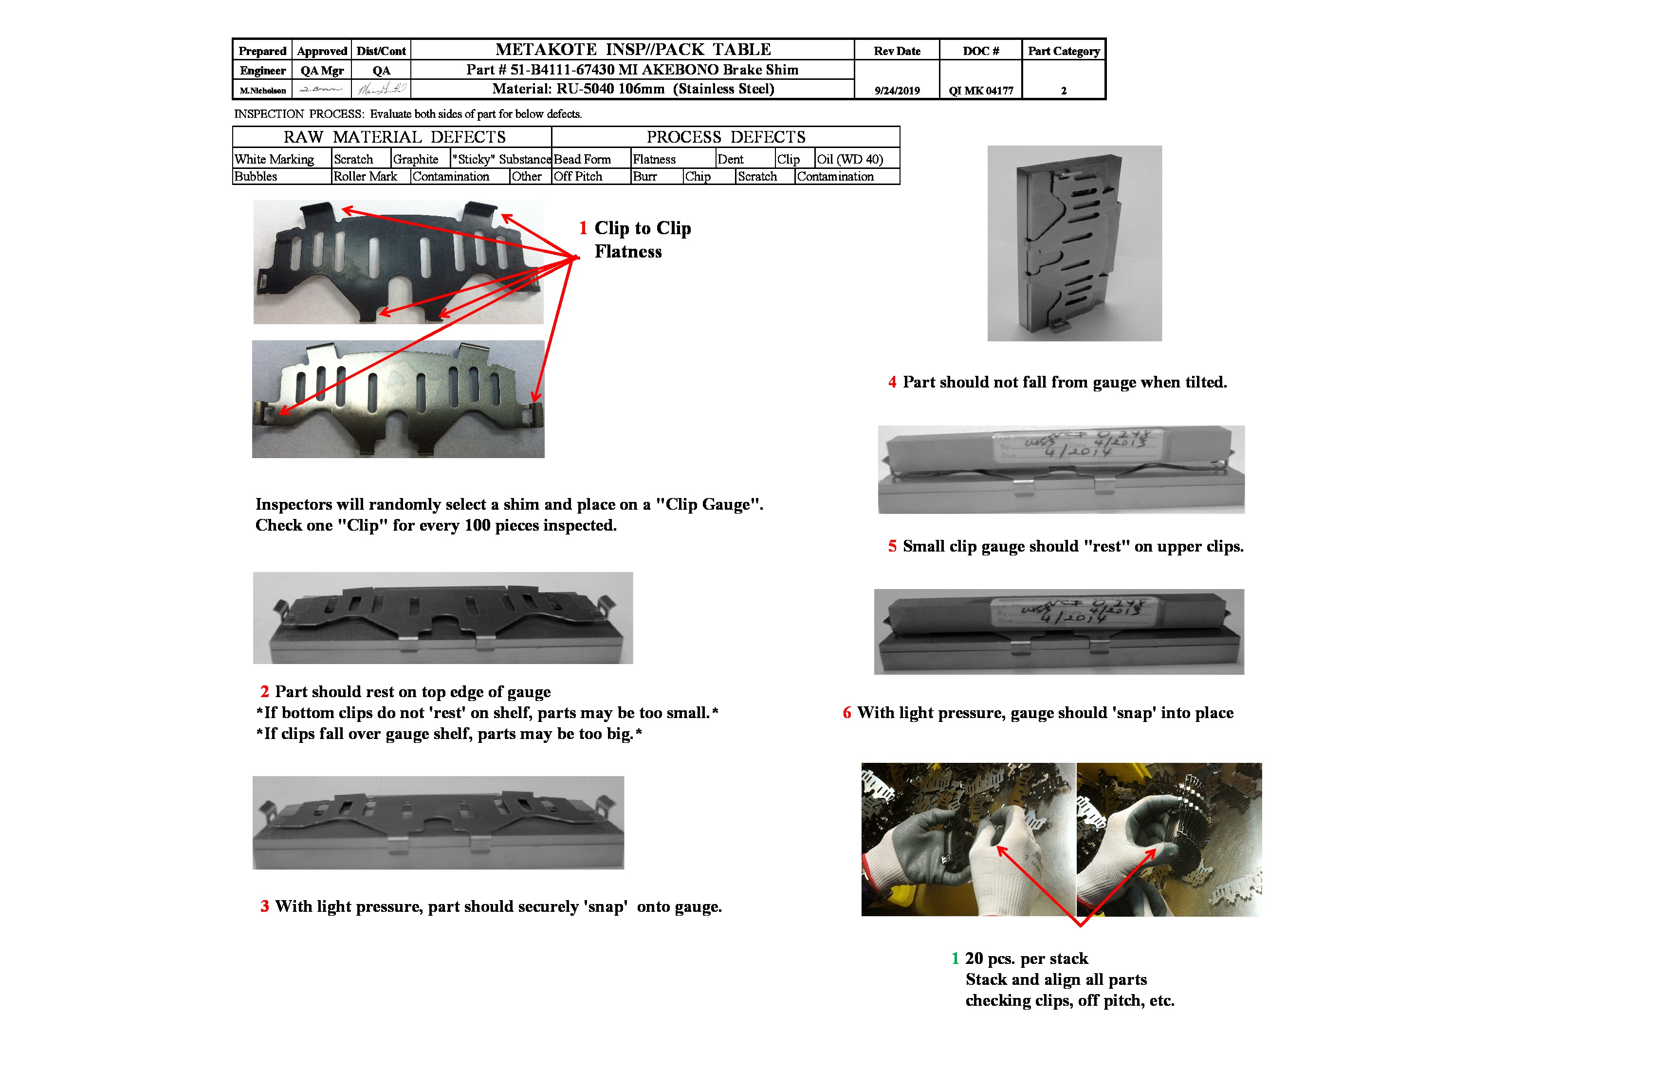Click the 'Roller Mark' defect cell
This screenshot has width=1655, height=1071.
click(x=366, y=177)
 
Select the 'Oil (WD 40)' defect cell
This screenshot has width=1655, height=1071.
click(x=850, y=159)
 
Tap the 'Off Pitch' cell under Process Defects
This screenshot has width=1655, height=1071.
click(x=579, y=177)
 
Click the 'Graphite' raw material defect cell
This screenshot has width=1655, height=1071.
click(x=416, y=159)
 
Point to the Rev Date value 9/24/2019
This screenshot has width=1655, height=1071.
click(x=897, y=91)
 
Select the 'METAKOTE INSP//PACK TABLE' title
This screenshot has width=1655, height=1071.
click(x=633, y=49)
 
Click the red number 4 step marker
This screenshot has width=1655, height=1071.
click(x=892, y=383)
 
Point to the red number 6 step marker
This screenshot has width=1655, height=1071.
click(x=847, y=713)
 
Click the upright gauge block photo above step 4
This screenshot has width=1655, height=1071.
click(x=1074, y=243)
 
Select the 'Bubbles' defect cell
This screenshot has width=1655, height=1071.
click(x=257, y=177)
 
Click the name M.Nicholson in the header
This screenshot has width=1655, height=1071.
click(x=263, y=91)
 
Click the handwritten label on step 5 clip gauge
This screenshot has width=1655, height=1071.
click(x=1074, y=443)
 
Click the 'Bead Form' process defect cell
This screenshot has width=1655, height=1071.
click(x=583, y=159)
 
